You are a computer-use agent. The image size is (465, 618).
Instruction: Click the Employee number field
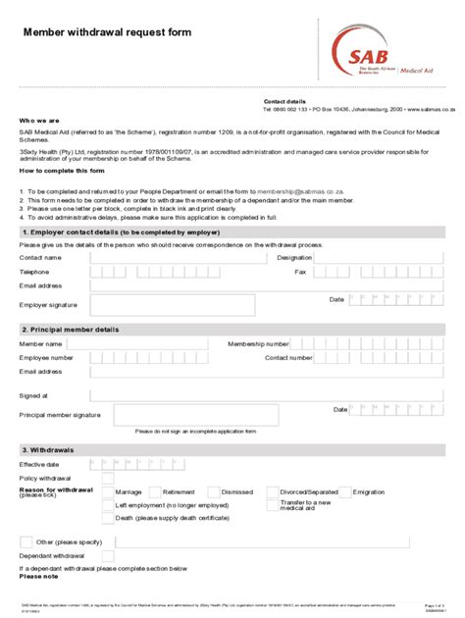click(x=148, y=358)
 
